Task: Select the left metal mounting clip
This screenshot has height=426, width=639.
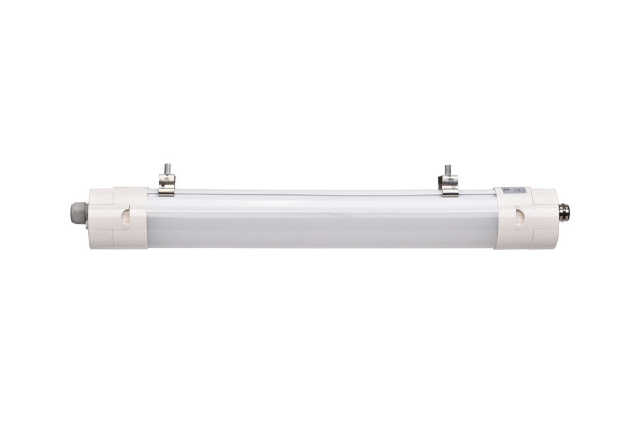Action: point(167,185)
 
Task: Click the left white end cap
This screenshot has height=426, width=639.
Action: point(109,217)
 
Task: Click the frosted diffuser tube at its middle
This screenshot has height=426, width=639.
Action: point(319,220)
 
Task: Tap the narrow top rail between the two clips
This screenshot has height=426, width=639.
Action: point(307,191)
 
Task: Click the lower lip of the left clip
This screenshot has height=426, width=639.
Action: point(167,194)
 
